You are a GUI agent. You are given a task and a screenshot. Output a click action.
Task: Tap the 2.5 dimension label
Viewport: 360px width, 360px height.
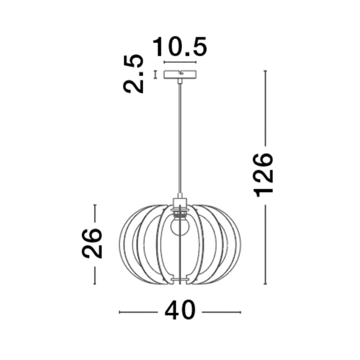pos(134,74)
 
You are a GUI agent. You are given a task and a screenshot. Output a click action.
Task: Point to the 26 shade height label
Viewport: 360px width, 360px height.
pos(92,244)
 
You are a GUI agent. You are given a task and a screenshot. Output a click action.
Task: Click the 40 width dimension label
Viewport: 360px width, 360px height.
pos(180,312)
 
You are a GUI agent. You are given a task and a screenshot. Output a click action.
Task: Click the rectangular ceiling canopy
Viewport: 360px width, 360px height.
pos(180,74)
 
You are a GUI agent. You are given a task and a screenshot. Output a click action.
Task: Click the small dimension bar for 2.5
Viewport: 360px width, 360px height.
pos(156,75)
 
